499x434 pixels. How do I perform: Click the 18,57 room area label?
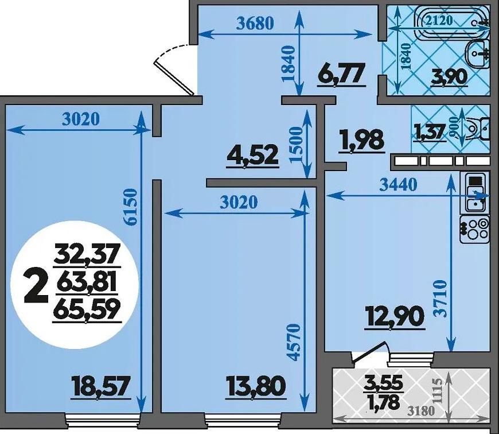pos(100,386)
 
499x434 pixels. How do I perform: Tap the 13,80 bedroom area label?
pos(256,386)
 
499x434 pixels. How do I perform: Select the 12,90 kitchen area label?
pos(396,316)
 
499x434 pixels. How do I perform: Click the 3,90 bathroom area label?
pos(449,76)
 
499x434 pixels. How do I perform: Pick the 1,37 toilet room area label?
pos(429,132)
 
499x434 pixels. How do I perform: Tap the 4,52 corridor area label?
pos(252,154)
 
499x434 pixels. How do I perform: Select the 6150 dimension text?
pos(131,207)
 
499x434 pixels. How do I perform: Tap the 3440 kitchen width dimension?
pos(399,185)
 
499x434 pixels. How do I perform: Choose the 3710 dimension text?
pos(441,299)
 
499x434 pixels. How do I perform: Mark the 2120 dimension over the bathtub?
pos(439,20)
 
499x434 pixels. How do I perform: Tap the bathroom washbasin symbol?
pos(477,54)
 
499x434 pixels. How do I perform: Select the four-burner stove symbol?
pos(475,230)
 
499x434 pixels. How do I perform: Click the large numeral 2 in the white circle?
pos(36,286)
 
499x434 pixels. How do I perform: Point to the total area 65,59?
pos(87,309)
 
